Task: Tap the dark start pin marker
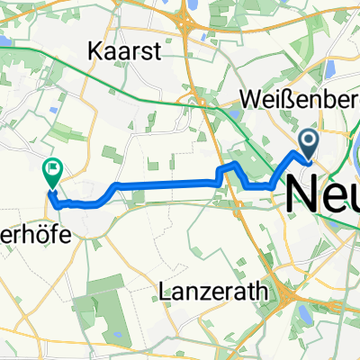pos(309,141)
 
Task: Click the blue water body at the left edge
pos(4,41)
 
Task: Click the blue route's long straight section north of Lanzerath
pos(166,184)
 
